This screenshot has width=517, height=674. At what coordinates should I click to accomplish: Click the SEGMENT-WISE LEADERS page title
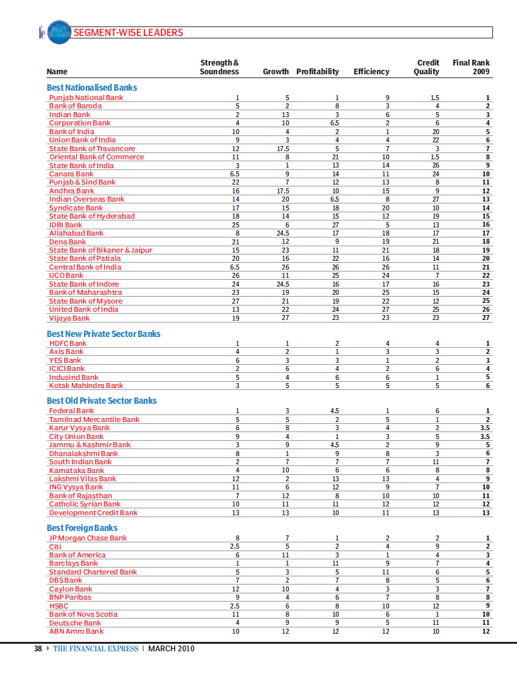pos(128,33)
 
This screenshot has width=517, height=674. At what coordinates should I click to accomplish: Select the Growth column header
pos(276,72)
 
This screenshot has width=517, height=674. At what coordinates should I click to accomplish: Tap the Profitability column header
pos(318,72)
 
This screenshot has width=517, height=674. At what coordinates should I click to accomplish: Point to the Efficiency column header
pos(371,72)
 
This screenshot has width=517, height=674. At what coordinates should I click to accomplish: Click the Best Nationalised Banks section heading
pos(92,88)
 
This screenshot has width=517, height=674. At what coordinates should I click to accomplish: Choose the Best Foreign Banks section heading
pos(82,528)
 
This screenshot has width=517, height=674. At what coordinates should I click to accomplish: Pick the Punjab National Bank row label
pos(86,98)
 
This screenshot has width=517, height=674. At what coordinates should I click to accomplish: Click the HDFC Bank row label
pos(68,343)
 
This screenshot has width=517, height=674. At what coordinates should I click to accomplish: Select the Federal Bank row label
pos(72,411)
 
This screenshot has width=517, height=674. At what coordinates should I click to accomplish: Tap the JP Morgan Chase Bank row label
pos(88,538)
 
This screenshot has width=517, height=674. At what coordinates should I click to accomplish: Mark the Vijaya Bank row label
pos(69,318)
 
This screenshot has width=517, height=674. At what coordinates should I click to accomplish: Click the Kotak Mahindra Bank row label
pos(86,386)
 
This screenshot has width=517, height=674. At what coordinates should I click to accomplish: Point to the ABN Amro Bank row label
pos(76,631)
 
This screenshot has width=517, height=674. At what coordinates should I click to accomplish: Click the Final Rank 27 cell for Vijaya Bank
pos(485,318)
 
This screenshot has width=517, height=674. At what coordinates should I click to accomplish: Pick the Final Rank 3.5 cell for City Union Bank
pos(484,437)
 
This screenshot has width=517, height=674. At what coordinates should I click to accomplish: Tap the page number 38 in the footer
pos(38,649)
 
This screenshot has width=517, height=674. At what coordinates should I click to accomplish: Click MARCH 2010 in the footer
pos(171,649)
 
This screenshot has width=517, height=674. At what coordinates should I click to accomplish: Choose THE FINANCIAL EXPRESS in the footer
pos(95,649)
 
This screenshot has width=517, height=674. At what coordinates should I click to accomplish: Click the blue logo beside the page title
pos(57,33)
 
